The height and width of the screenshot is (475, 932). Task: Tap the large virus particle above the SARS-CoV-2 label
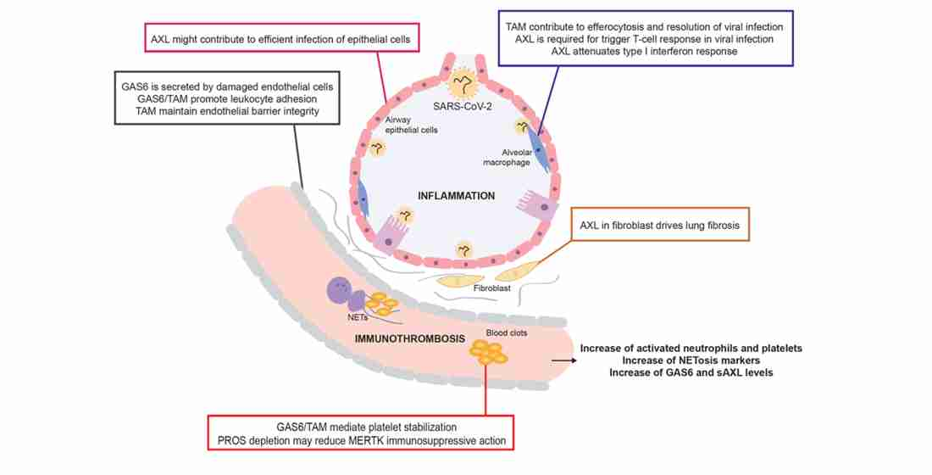click(x=463, y=83)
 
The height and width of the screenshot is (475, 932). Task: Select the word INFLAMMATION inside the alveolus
click(x=457, y=196)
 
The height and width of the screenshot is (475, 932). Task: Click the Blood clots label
click(x=507, y=332)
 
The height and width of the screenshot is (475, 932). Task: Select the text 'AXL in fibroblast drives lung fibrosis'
click(x=659, y=226)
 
